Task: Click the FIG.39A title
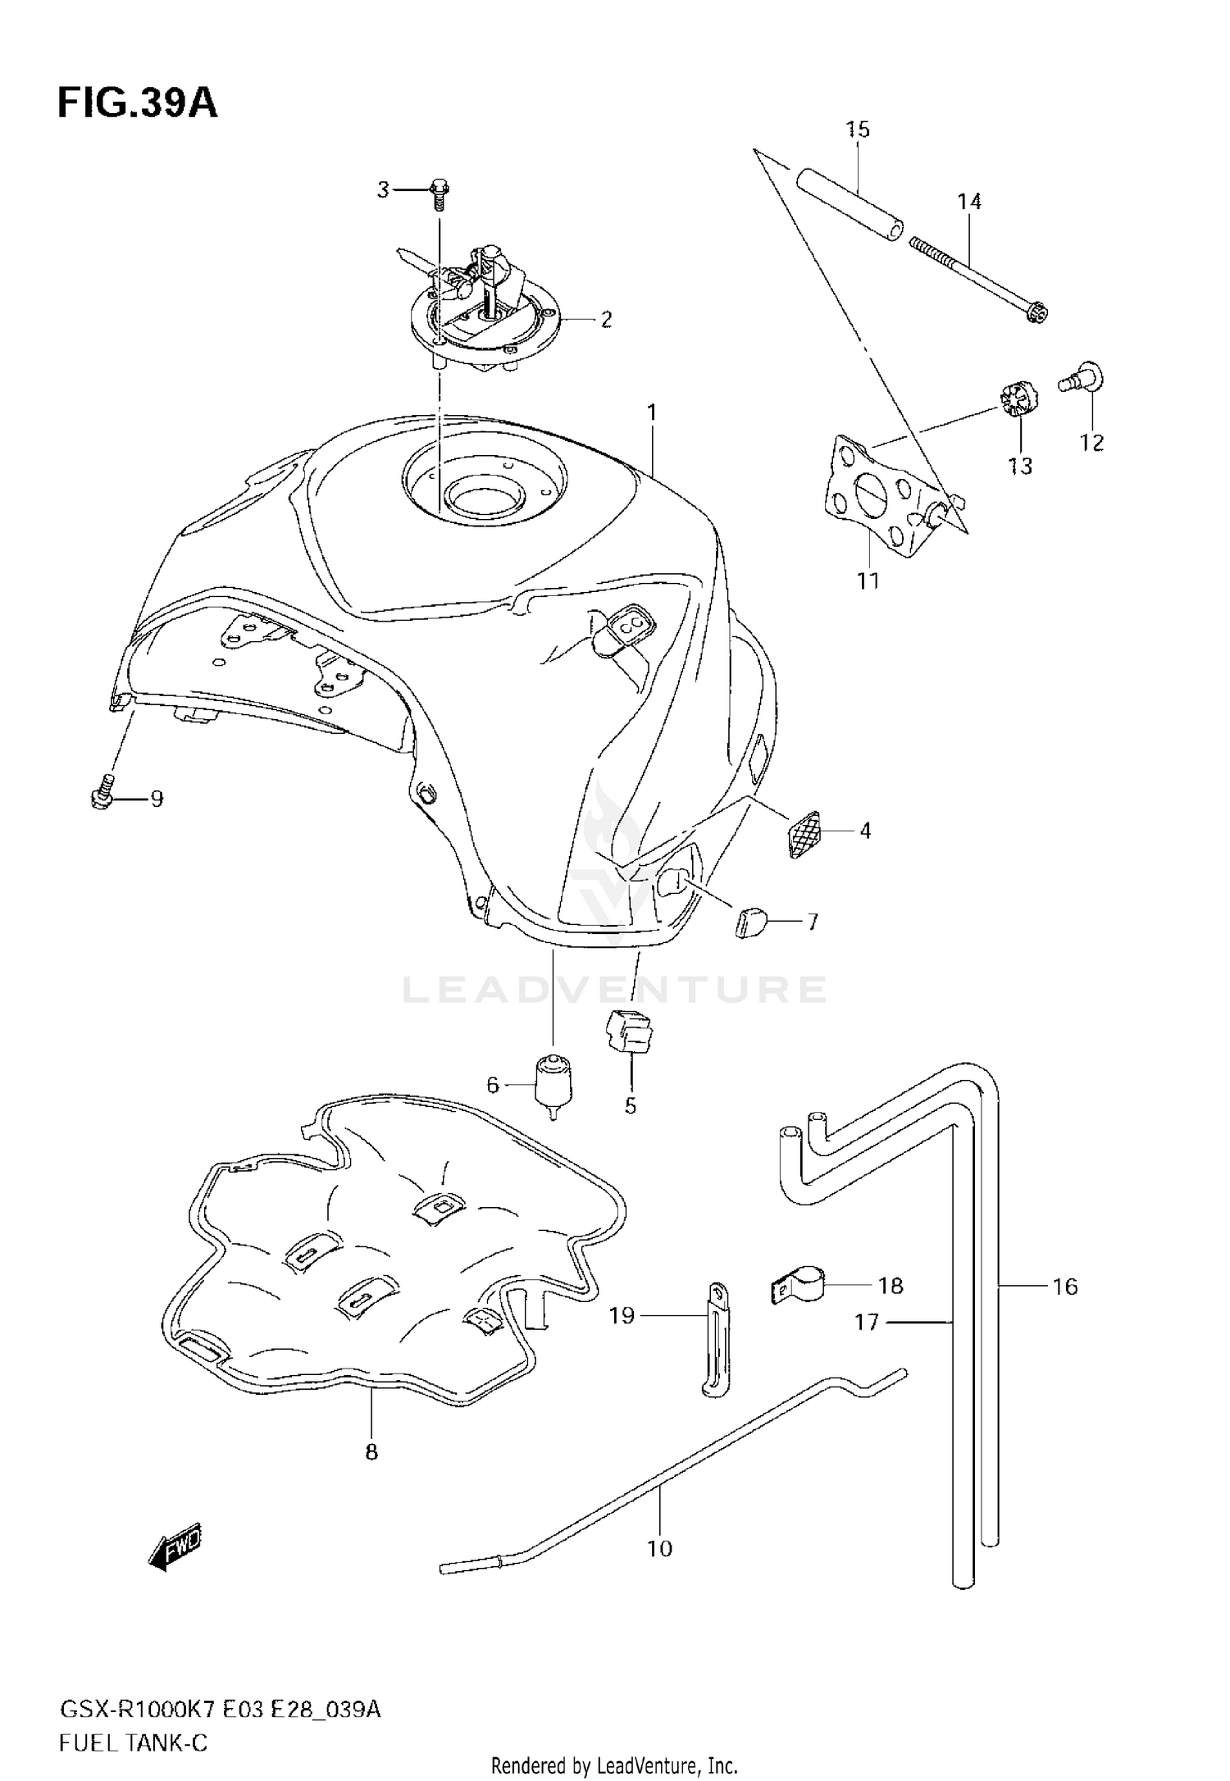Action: [x=137, y=104]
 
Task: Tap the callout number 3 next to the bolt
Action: [x=383, y=190]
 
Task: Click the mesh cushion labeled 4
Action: [x=804, y=834]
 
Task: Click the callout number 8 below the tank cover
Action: [x=371, y=1452]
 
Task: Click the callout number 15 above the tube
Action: [x=858, y=130]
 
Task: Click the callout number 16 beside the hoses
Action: [x=1065, y=1287]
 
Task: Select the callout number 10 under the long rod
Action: [x=659, y=1548]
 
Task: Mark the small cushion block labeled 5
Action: [x=628, y=1032]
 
